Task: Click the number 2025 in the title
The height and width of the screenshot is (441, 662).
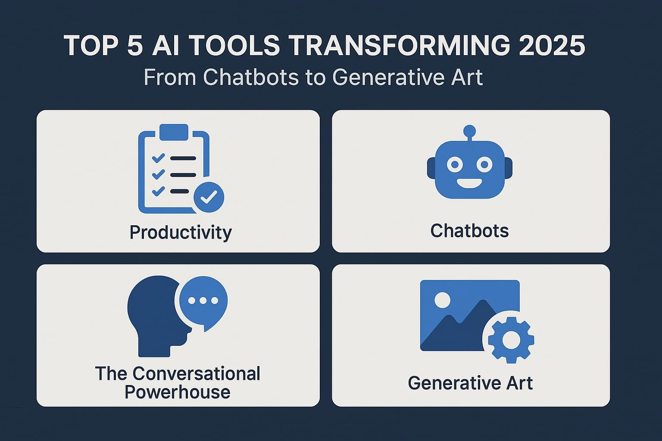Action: click(x=552, y=46)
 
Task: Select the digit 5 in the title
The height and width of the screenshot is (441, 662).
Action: click(x=135, y=46)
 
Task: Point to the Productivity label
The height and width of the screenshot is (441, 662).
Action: click(x=181, y=233)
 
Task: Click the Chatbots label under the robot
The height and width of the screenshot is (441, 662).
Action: click(x=469, y=231)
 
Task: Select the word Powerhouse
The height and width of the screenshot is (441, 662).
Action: click(x=178, y=392)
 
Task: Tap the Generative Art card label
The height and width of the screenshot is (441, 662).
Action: click(x=470, y=383)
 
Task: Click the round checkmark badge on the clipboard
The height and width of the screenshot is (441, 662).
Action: click(x=209, y=197)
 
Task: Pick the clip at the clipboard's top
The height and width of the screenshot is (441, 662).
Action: click(x=174, y=131)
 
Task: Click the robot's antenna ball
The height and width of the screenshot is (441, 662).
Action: click(x=469, y=131)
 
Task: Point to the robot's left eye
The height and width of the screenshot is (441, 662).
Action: click(x=454, y=164)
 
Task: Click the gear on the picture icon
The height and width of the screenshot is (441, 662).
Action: click(x=511, y=339)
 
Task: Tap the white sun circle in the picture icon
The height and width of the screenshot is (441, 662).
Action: click(x=442, y=300)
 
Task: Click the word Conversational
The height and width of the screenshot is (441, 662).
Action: click(x=197, y=374)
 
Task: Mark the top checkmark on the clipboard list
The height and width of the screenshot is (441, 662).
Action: click(x=158, y=158)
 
